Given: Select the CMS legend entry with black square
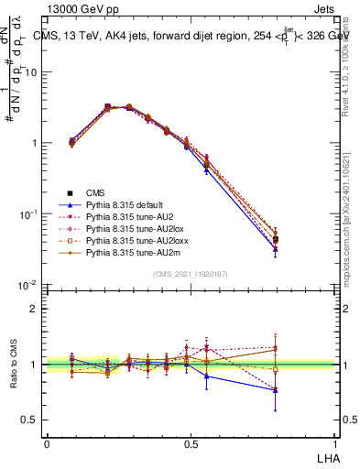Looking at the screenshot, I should [x=98, y=192].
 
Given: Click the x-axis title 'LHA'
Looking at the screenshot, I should [x=326, y=456].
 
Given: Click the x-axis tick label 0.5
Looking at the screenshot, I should [x=191, y=443].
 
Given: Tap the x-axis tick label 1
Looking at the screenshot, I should [x=336, y=443].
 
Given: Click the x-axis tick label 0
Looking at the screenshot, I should [x=47, y=443].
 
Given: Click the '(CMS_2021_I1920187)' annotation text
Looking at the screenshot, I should [x=191, y=274].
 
